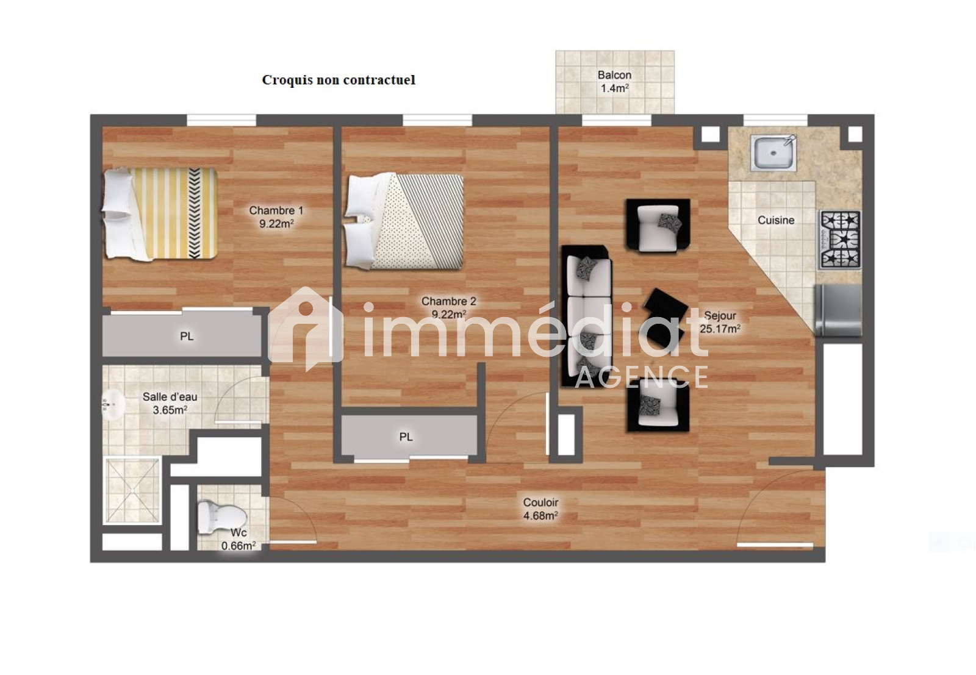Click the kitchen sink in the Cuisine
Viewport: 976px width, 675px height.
[x=773, y=152]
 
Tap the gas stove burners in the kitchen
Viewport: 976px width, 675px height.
[x=841, y=240]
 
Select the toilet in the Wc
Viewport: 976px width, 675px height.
[x=222, y=518]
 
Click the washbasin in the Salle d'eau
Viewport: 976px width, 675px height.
[x=113, y=404]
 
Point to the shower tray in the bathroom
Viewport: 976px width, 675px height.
[x=132, y=490]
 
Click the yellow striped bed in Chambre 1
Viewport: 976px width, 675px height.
[x=160, y=214]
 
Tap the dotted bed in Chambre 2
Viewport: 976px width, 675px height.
[x=403, y=221]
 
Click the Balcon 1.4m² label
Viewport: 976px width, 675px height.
[x=614, y=82]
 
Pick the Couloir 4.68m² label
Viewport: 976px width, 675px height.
[x=540, y=509]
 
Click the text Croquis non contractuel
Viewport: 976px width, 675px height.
[x=339, y=80]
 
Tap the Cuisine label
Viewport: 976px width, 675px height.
[x=776, y=220]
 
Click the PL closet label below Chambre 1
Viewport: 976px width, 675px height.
[x=187, y=336]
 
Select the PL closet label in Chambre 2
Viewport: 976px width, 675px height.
[x=406, y=437]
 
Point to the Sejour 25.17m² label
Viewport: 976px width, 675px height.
[x=720, y=323]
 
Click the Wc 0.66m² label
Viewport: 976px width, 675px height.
[x=239, y=539]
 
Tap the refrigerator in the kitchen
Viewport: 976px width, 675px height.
[x=838, y=310]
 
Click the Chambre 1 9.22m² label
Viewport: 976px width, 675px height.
[x=276, y=217]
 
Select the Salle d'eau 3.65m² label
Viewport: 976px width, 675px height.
[x=170, y=403]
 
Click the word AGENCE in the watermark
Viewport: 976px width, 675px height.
[x=641, y=377]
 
